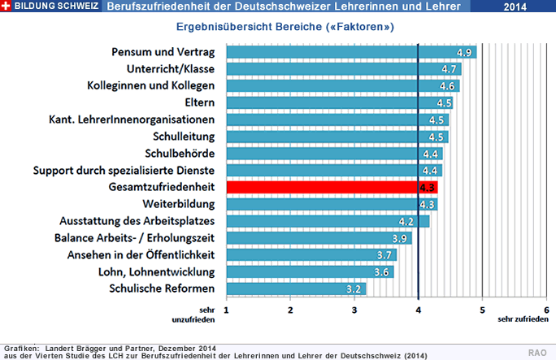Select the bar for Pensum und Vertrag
350,52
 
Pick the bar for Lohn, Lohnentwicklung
309,271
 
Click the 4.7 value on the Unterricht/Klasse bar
450,69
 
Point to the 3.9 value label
399,238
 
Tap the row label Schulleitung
184,137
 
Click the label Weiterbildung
178,204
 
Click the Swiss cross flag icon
7,7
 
